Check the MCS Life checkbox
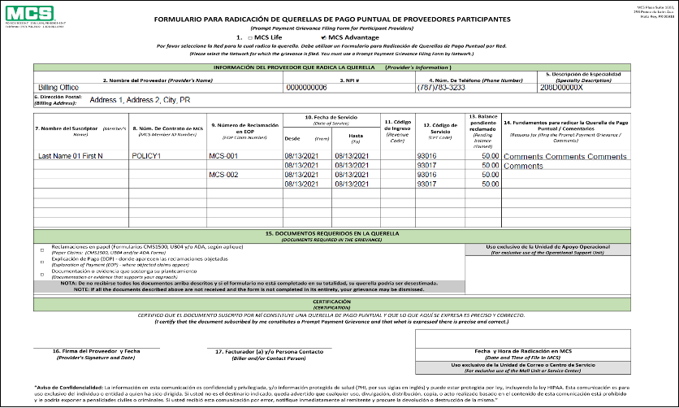[x=251, y=38]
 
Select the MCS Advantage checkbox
[x=325, y=38]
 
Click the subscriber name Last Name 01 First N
[x=77, y=155]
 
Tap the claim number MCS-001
[x=223, y=155]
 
